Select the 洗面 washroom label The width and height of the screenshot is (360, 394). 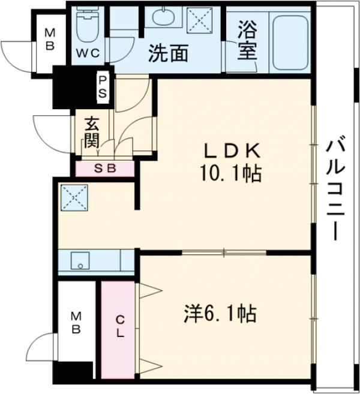(169, 54)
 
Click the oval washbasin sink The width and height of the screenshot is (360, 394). (162, 17)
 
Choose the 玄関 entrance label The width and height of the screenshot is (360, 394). (91, 133)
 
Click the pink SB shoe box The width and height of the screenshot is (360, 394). (104, 169)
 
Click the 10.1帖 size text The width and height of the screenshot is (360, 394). (230, 175)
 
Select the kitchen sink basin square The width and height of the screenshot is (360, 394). (79, 261)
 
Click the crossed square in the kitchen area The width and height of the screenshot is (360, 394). (74, 196)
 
